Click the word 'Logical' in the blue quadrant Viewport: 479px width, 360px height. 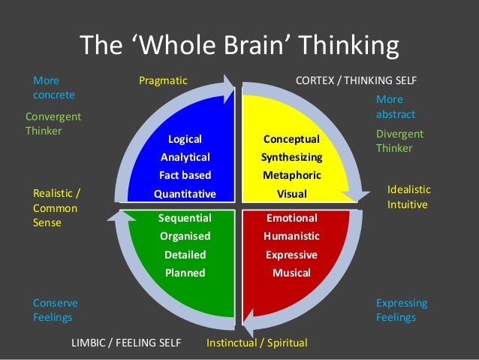pyautogui.click(x=185, y=139)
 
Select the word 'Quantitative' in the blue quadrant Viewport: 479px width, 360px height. pyautogui.click(x=185, y=194)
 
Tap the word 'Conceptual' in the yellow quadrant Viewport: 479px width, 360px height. pyautogui.click(x=291, y=139)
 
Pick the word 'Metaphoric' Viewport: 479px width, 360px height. pyautogui.click(x=291, y=175)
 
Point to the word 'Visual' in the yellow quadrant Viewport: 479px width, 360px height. pyautogui.click(x=291, y=194)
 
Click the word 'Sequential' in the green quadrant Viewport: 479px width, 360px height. pyautogui.click(x=185, y=218)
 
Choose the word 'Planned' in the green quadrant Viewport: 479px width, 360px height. pyautogui.click(x=185, y=273)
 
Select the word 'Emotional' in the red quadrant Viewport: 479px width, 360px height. pyautogui.click(x=291, y=218)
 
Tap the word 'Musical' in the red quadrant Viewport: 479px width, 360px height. pyautogui.click(x=291, y=273)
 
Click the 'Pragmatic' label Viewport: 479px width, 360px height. pyautogui.click(x=163, y=80)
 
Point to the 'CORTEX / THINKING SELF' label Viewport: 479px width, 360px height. pyautogui.click(x=357, y=80)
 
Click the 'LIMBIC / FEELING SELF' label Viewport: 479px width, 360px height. pyautogui.click(x=126, y=343)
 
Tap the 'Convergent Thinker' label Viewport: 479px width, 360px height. pyautogui.click(x=53, y=124)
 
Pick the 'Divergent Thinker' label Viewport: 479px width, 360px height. pyautogui.click(x=399, y=141)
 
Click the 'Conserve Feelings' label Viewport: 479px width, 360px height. pyautogui.click(x=55, y=310)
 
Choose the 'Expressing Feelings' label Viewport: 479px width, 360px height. pyautogui.click(x=401, y=310)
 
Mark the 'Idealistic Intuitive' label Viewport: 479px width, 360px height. pyautogui.click(x=407, y=197)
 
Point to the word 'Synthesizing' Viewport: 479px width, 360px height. pyautogui.click(x=291, y=157)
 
